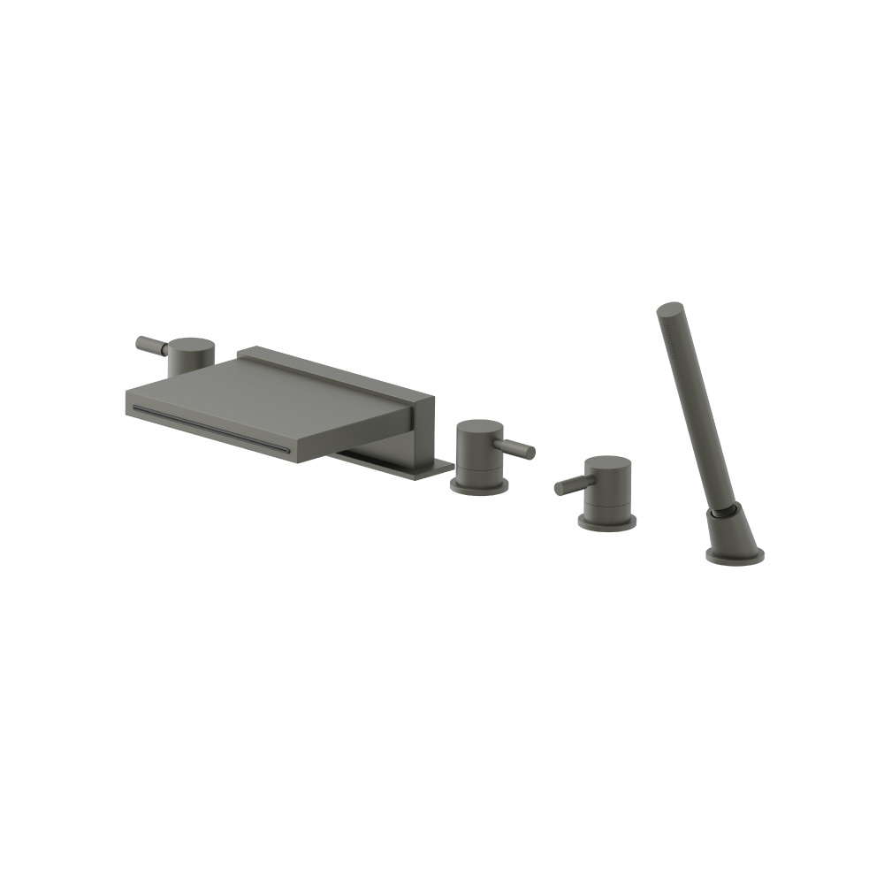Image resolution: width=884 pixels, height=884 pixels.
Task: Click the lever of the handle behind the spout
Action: tap(151, 345)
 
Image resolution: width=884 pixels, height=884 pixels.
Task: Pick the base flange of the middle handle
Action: tap(478, 485)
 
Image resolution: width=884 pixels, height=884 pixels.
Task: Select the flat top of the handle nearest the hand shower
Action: tap(608, 465)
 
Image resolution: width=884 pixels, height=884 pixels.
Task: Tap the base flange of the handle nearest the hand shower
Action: tap(607, 523)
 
